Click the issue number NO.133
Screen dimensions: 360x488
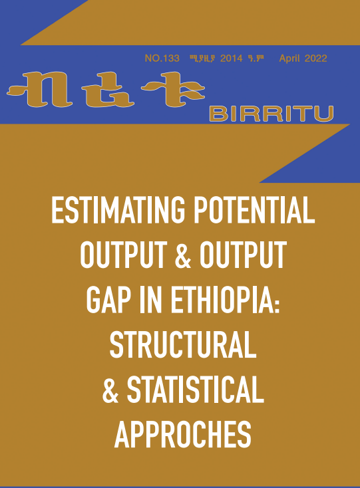tap(162, 59)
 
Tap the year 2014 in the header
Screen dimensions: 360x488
tap(231, 59)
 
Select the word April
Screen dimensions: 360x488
tap(289, 59)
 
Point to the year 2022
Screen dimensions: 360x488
tap(316, 59)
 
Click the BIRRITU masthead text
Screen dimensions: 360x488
tap(271, 114)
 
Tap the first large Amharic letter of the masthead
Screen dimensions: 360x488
tap(38, 89)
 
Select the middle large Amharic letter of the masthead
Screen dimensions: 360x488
tap(108, 90)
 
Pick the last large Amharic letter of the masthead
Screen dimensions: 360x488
tap(173, 89)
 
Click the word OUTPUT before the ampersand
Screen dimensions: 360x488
tap(123, 255)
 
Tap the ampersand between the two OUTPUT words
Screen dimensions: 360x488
tap(183, 255)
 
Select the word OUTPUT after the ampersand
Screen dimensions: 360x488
tap(243, 255)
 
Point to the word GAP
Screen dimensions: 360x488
tap(108, 300)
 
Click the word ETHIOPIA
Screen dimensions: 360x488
tap(225, 300)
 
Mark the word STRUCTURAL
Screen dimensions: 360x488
tap(183, 345)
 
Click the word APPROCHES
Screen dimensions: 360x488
tap(183, 434)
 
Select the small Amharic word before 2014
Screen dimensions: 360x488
tap(202, 59)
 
